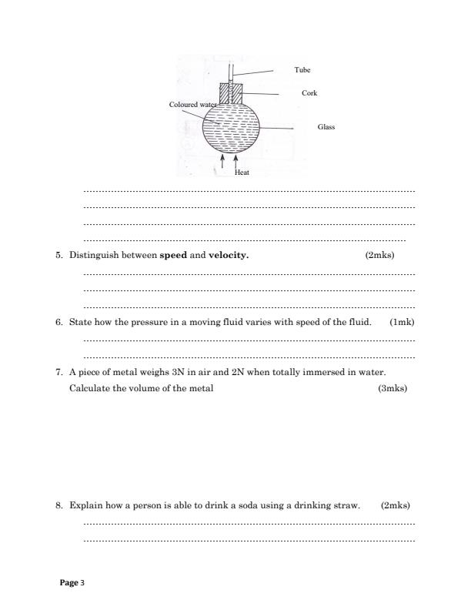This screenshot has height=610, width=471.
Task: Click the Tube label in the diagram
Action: (302, 69)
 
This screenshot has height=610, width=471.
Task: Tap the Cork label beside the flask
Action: (309, 92)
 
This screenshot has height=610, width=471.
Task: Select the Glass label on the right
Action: (326, 127)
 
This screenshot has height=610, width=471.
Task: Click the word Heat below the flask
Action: (242, 173)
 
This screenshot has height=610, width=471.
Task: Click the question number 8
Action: (59, 506)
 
